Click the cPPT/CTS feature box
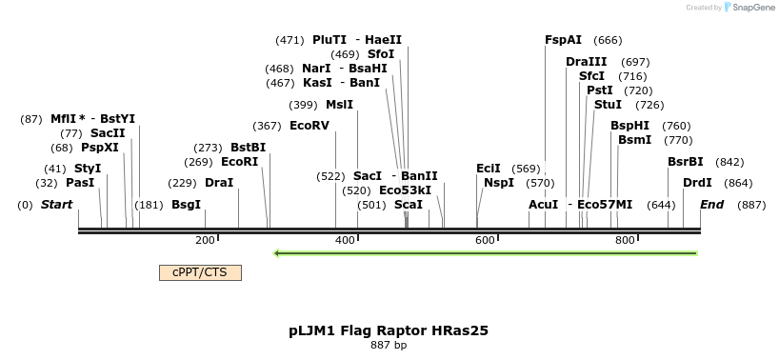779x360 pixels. click(x=200, y=272)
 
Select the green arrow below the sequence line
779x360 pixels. click(x=486, y=253)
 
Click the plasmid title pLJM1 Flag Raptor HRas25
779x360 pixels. click(x=389, y=331)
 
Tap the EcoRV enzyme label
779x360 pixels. click(x=310, y=126)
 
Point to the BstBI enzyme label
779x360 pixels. click(x=249, y=148)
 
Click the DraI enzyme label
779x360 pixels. click(x=219, y=183)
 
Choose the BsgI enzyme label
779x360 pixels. click(x=186, y=205)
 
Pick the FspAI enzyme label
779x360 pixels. click(x=563, y=40)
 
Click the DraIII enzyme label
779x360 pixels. click(x=586, y=62)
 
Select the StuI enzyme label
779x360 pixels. click(x=608, y=105)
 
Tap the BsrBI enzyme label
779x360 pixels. click(x=686, y=162)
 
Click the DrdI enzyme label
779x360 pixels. click(x=697, y=183)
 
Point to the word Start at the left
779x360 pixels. click(x=57, y=205)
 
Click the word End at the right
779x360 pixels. click(x=711, y=205)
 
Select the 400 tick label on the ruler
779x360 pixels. click(x=346, y=241)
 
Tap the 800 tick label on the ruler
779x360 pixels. click(x=625, y=241)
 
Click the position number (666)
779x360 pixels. click(x=608, y=40)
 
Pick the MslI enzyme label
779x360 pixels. click(x=339, y=105)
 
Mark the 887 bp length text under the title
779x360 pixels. click(x=389, y=346)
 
